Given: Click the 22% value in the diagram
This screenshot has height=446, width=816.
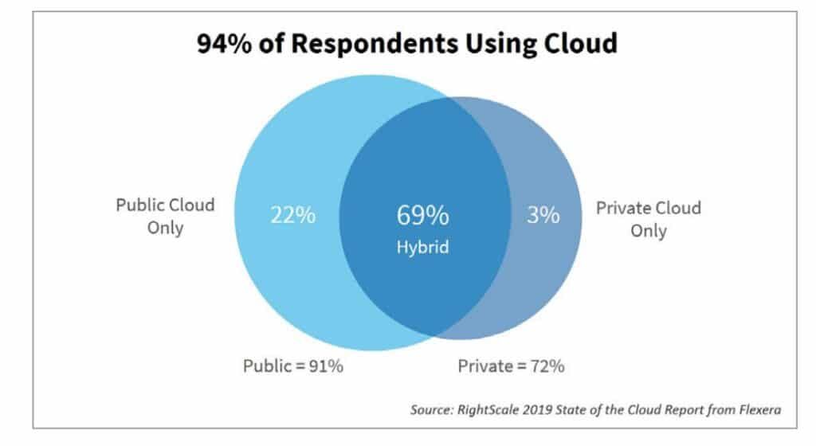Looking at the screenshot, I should (x=292, y=215).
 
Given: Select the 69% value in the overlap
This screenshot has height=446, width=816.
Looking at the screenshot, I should (x=422, y=215).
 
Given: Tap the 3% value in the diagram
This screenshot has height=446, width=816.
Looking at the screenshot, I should (x=543, y=215).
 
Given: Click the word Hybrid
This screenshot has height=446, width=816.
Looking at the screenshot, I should (x=422, y=248).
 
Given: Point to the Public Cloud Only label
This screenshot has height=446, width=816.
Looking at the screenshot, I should (x=165, y=217).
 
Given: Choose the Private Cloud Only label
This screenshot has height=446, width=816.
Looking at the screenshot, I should (x=649, y=219).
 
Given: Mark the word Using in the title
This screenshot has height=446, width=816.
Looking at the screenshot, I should (x=492, y=43).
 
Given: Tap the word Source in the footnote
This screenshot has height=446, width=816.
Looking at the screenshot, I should (x=431, y=410).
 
